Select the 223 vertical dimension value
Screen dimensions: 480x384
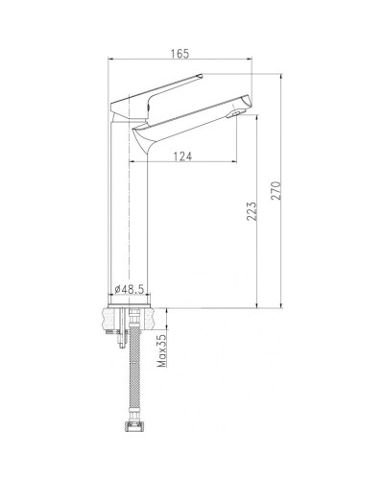(251, 210)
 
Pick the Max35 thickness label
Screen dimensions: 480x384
(163, 350)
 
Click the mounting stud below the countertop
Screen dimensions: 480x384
(117, 341)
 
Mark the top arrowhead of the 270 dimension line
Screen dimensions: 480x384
(276, 72)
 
